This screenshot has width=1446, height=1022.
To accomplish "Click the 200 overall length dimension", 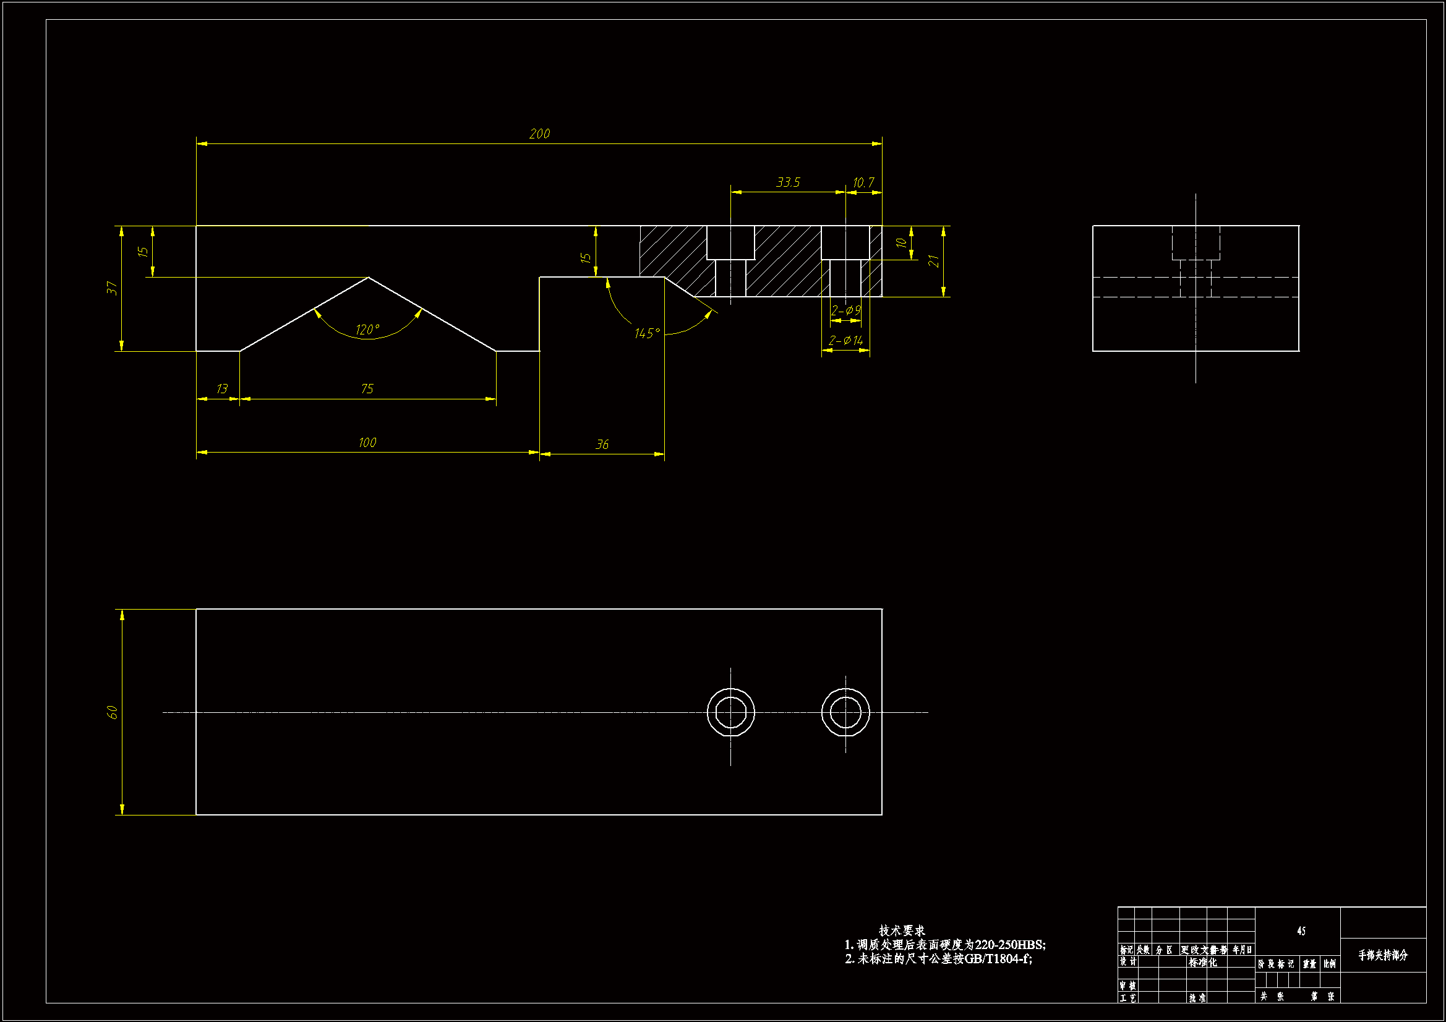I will coord(539,134).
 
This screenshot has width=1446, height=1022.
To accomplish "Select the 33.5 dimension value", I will coord(788,182).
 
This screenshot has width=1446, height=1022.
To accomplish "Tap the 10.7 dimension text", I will coord(863,182).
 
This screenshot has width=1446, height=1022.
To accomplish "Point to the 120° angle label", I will coord(367,330).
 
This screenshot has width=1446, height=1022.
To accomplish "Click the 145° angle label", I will coord(647,333).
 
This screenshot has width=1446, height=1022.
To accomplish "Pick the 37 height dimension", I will coord(112,288).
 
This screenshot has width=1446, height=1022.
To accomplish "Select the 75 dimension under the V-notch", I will coord(367,389).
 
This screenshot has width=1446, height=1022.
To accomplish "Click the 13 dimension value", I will coord(221,389).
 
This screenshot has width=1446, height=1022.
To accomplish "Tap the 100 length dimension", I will coord(367,443).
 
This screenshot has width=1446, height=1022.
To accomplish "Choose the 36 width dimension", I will coord(602,445).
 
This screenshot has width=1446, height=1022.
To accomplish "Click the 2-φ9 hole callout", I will coord(845,310).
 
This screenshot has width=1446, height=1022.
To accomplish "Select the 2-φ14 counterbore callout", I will coord(845,341).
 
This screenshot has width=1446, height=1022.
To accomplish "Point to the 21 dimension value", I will coord(933,261).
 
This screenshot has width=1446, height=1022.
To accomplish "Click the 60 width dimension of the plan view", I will coord(112,712).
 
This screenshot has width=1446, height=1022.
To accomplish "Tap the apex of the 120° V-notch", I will coord(369,278).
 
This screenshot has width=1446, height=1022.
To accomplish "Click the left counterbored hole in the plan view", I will coord(730,712).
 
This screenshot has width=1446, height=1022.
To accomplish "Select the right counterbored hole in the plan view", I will coord(845,712).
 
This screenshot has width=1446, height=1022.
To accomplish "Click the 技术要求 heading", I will coord(902,930).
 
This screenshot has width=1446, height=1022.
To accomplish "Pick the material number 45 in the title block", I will coord(1301,930).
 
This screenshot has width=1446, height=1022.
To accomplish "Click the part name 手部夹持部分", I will coord(1382,955).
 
